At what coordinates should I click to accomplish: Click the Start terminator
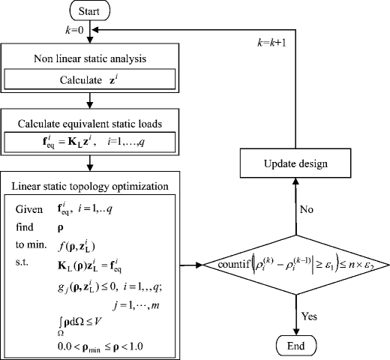pos(89,11)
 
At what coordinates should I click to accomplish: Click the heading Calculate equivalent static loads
pos(89,123)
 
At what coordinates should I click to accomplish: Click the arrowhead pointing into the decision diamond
pos(199,265)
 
